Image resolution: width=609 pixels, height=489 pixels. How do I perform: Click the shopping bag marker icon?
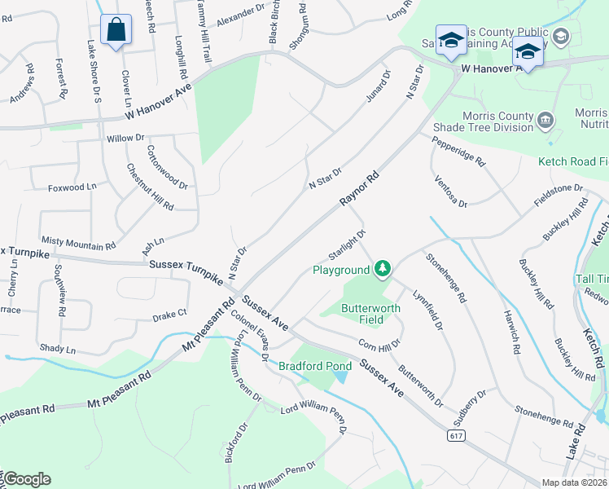point(116,29)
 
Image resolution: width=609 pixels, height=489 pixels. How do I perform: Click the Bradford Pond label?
point(315,366)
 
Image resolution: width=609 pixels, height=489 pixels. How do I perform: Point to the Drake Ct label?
point(170,313)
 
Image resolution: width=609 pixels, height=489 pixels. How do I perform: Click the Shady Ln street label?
point(59,350)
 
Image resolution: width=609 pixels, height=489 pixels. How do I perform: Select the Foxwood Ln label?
point(72,187)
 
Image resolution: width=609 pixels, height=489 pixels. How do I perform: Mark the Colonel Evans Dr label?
point(249,333)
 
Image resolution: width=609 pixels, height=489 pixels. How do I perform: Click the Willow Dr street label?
point(125,139)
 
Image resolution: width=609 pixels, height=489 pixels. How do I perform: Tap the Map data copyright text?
point(576,482)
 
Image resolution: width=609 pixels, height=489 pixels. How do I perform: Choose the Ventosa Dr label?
point(451,191)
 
